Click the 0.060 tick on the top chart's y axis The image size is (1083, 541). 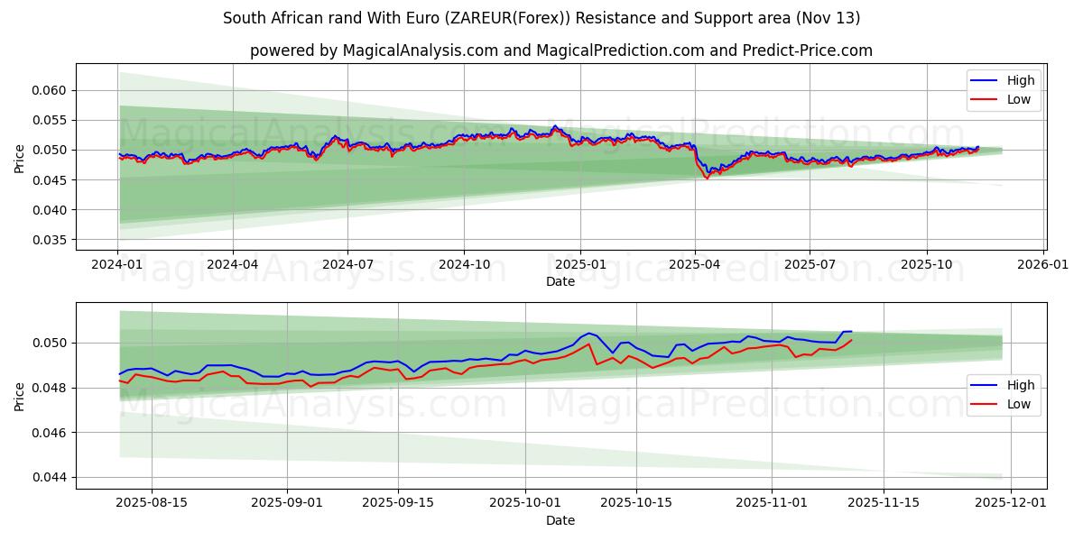click(x=51, y=90)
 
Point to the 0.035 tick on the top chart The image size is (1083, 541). click(x=51, y=240)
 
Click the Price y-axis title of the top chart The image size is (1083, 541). click(x=20, y=157)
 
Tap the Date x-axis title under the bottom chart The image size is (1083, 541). click(x=560, y=520)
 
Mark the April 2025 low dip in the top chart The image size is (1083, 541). click(x=707, y=178)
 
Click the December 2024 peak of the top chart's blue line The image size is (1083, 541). click(x=554, y=126)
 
